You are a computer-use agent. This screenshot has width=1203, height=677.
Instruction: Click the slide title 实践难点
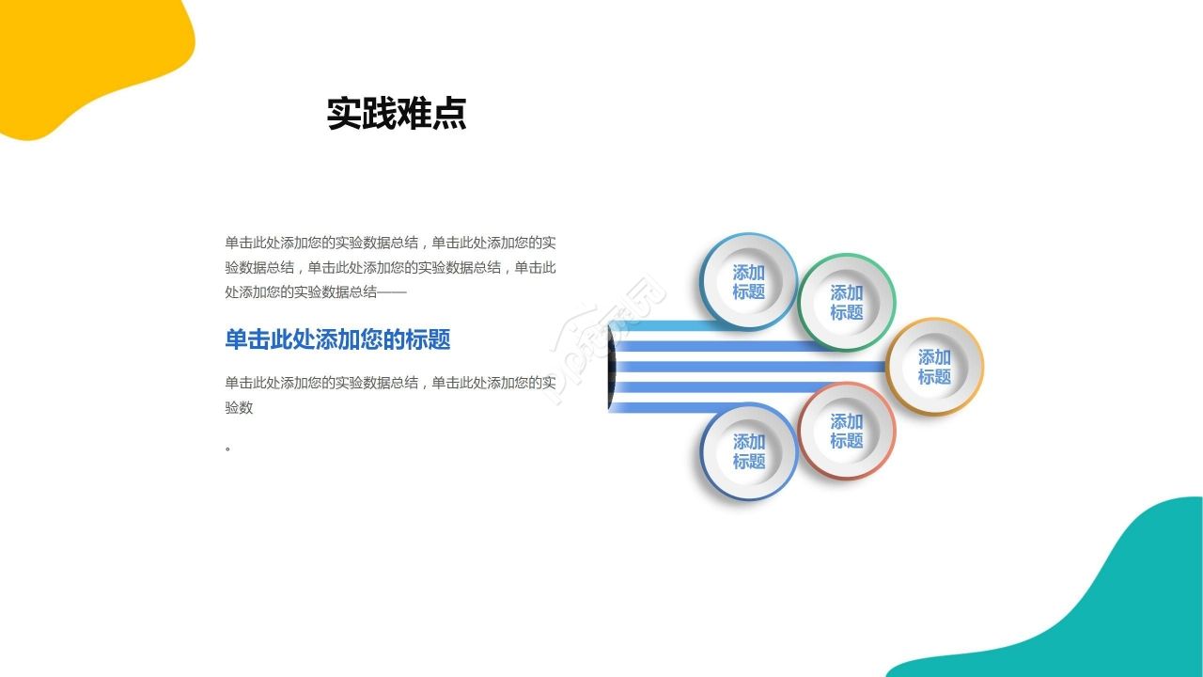click(x=396, y=114)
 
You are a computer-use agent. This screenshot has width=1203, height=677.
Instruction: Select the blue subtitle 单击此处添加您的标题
click(x=337, y=339)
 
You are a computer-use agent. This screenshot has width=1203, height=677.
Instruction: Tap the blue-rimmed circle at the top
click(x=749, y=282)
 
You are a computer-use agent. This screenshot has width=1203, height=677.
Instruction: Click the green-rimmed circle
click(x=847, y=302)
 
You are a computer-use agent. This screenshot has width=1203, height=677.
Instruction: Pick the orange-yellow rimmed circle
click(x=934, y=367)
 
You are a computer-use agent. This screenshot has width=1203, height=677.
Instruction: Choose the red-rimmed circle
click(x=847, y=431)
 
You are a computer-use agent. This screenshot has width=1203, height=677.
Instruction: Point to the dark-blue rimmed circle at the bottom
click(x=749, y=451)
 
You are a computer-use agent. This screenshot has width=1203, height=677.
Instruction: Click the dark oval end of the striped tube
click(x=612, y=368)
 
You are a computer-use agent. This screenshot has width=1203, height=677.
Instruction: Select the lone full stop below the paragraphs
click(x=228, y=449)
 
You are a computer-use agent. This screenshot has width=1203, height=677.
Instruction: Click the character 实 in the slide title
click(x=344, y=114)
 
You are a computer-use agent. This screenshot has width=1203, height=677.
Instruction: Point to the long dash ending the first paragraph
click(x=393, y=292)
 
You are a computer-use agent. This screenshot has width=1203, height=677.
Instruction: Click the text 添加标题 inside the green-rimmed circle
click(x=847, y=302)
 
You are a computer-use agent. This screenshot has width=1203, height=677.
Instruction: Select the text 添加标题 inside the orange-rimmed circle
click(x=934, y=367)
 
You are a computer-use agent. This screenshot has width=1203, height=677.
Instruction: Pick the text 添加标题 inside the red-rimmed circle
click(x=847, y=431)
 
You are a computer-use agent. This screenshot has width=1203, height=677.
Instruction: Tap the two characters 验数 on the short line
click(x=239, y=407)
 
